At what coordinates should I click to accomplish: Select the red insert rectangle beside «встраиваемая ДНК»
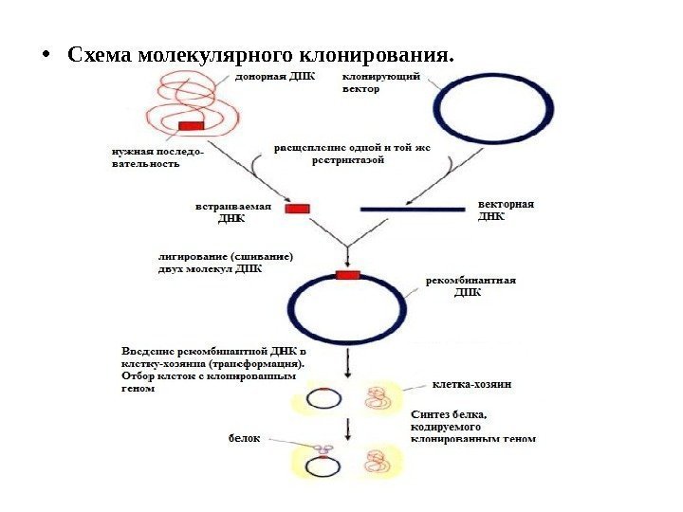coord(298,209)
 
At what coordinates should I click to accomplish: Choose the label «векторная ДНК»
coord(506,210)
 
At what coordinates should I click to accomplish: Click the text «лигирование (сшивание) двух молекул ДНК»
coord(225,261)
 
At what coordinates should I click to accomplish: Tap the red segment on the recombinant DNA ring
coord(347,276)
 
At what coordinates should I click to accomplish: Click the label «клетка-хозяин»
coord(471,385)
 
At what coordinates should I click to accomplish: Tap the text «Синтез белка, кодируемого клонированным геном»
coord(472,426)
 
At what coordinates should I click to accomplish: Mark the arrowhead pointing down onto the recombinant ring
coord(348,263)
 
